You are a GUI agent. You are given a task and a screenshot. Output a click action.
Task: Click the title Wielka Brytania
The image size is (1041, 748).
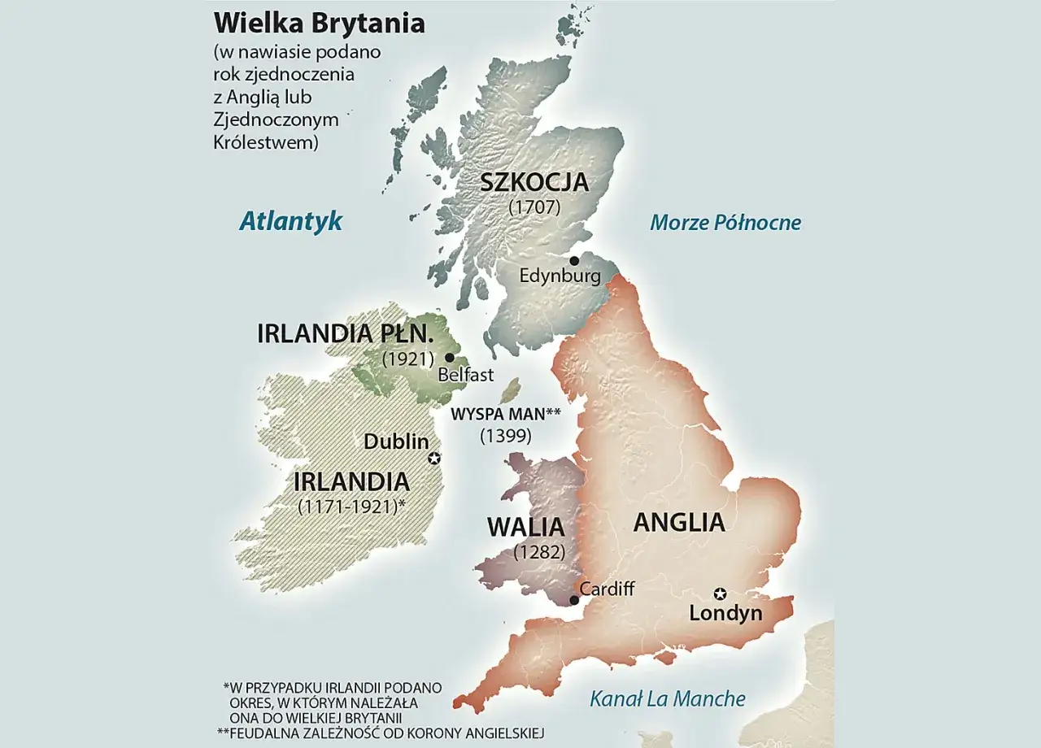pos(319,23)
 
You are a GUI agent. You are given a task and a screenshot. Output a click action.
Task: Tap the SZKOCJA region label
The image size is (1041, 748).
pos(534,181)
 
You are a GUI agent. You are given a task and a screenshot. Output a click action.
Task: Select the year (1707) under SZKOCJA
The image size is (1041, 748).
pos(534,207)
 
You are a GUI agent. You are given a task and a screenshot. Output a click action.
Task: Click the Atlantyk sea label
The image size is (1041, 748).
pos(290,221)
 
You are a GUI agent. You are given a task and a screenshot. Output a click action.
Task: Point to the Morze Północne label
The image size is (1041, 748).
pos(725,223)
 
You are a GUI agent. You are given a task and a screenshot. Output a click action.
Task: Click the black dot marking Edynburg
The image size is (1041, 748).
pos(574,261)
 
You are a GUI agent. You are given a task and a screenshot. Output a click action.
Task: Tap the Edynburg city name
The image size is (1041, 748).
pos(560,276)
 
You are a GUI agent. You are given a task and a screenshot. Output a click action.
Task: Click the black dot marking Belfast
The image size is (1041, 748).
pos(450,357)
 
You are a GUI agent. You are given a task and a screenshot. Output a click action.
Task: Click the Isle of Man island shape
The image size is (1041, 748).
pos(510,390)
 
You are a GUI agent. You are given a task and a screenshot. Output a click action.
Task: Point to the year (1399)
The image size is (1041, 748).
pos(505,436)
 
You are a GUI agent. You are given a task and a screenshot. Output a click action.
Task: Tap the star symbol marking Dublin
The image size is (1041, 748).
pos(434,459)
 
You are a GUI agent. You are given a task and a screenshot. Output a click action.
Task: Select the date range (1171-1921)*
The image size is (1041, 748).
pos(351,505)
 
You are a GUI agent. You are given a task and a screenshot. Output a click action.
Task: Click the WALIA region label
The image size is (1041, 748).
pos(526,527)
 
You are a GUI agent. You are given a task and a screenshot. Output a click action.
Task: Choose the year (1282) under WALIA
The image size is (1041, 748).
pos(539,552)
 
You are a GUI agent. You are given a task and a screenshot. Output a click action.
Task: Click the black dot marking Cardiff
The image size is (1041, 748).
pos(574,600)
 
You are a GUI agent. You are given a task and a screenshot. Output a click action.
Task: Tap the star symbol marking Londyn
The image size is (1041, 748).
pos(720,594)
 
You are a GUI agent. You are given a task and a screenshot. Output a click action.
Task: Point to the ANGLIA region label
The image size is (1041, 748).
pos(679,522)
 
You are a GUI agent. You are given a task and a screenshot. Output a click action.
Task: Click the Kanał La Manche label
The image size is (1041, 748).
pos(667,698)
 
